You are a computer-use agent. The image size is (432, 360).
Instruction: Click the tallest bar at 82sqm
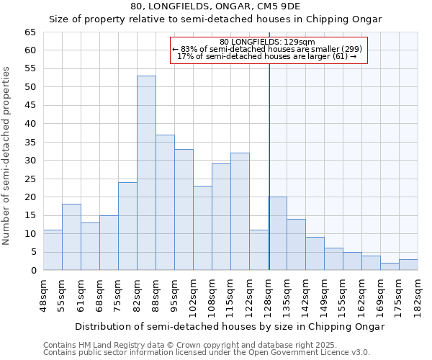146,173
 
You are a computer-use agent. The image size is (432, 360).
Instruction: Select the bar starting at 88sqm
165,202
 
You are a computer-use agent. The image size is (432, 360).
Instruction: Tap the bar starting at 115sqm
240,212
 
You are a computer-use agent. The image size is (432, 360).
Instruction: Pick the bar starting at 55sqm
71,237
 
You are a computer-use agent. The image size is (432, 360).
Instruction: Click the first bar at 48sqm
53,250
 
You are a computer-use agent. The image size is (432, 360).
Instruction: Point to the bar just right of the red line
278,233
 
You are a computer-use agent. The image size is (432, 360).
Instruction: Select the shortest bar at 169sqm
390,266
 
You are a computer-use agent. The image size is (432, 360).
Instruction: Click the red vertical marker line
269,166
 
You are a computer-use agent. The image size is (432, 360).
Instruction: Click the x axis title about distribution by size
230,326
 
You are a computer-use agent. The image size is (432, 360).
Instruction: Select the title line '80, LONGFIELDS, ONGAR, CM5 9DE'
216,6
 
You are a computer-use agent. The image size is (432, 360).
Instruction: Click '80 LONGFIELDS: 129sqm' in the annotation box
267,42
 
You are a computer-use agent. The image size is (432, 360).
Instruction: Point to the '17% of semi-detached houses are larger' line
267,56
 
